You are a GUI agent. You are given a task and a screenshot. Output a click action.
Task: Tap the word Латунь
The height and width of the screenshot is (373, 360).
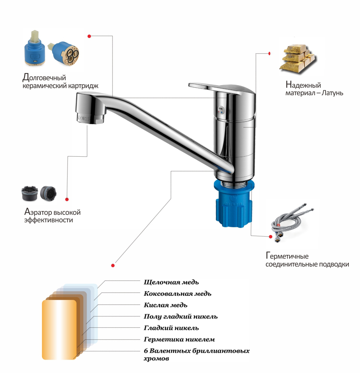332,93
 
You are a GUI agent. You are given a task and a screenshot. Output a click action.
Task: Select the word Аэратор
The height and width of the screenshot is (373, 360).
37,212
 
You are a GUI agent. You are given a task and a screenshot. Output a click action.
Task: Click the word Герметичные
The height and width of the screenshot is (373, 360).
287,256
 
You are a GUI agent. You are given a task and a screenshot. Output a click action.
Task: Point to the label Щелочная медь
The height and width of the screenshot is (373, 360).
171,282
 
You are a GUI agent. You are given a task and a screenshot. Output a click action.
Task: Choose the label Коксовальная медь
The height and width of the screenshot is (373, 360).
177,294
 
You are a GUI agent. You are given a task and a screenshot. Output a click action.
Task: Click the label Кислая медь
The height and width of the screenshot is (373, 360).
165,305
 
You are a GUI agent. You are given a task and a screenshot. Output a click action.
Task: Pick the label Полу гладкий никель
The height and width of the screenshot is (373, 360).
181,317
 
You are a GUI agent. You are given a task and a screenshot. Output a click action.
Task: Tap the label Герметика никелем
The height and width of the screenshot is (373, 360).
179,340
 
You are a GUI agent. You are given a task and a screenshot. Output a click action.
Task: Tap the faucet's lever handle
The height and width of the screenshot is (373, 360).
220,88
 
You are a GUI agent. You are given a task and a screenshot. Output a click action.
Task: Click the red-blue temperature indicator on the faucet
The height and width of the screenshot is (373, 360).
221,109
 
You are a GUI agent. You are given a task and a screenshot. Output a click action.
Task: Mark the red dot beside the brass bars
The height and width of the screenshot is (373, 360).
269,54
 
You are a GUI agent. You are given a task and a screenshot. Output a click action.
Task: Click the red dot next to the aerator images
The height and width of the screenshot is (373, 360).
67,199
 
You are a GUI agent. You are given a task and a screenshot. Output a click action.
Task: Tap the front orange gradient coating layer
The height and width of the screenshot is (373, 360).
59,330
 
